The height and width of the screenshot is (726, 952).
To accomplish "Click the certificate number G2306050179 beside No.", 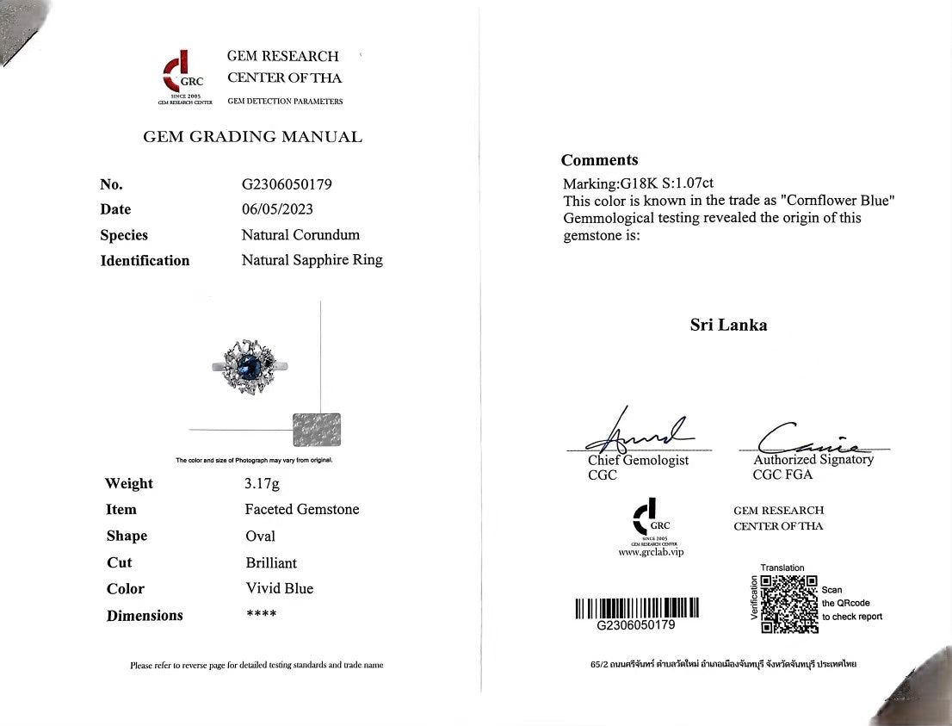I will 287,183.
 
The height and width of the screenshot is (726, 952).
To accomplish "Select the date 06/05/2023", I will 277,208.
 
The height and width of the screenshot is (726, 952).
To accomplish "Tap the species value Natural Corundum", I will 300,234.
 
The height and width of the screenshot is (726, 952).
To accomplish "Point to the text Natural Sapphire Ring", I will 312,259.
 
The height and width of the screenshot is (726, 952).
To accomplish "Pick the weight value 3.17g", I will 262,484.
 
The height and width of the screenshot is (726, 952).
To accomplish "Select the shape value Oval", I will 260,536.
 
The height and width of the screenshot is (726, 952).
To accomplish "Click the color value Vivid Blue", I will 279,588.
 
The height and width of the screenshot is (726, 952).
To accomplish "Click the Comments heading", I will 599,160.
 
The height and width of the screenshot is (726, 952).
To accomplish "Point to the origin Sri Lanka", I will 728,325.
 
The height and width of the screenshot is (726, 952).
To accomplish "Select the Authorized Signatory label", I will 813,460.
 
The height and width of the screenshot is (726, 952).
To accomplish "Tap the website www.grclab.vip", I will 651,552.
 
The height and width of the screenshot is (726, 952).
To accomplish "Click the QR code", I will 789,604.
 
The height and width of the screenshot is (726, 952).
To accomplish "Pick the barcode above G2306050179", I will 636,607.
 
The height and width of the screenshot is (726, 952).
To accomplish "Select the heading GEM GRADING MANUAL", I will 252,136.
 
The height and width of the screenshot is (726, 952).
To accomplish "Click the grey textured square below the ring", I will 316,430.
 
